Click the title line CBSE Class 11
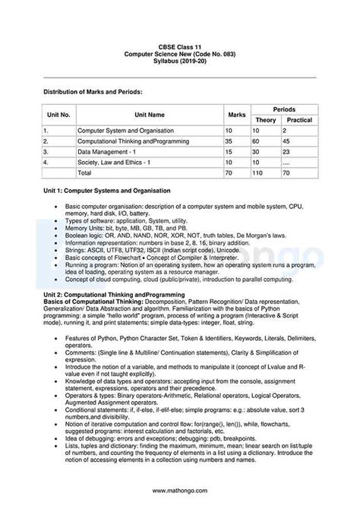click(180, 46)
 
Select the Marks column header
click(236, 115)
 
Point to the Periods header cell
click(284, 109)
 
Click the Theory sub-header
click(265, 120)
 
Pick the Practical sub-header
click(299, 120)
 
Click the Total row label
click(84, 173)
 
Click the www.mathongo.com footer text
click(180, 491)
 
